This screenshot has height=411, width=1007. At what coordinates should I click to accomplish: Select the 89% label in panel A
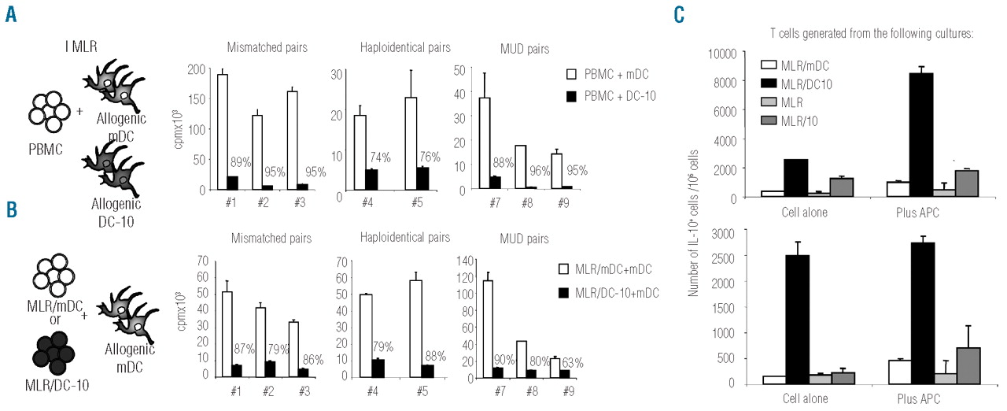241,163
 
